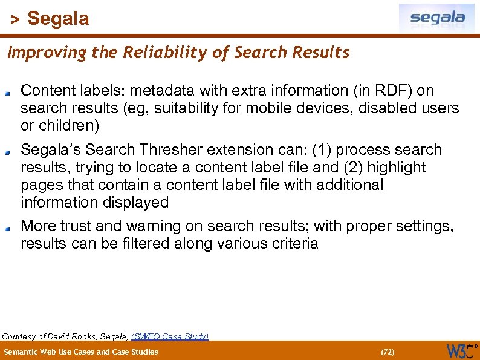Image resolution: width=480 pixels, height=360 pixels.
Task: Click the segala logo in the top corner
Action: (436, 18)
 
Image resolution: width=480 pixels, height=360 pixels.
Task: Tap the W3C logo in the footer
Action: (461, 350)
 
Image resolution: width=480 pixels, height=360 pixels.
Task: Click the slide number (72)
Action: (387, 352)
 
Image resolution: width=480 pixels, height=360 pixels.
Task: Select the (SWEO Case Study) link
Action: (170, 336)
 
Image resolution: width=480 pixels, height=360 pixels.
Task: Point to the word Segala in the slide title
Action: (58, 19)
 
